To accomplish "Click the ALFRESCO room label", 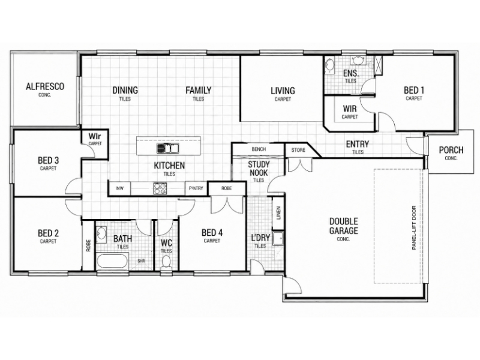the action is [x=45, y=86].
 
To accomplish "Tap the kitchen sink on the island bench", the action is [x=168, y=148].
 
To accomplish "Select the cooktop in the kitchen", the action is [x=160, y=188].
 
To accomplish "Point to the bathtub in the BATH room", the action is [x=112, y=261].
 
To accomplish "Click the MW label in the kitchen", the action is [x=119, y=188].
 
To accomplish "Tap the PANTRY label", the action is [x=196, y=188].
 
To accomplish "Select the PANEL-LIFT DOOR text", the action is [x=414, y=228].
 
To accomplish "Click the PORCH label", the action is [x=451, y=150].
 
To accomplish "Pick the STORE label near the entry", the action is [x=298, y=150].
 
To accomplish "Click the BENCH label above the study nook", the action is [x=259, y=149].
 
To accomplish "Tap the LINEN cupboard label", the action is [x=278, y=213].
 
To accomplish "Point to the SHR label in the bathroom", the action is [x=141, y=261].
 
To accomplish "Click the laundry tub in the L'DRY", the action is [x=278, y=238].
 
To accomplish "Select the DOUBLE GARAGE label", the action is [x=343, y=226].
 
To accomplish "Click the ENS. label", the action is [x=351, y=73].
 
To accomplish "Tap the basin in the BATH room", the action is [x=101, y=235].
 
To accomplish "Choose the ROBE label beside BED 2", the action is [x=88, y=245].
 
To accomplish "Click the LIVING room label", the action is [x=283, y=91].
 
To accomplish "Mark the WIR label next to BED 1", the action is [x=350, y=109].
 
